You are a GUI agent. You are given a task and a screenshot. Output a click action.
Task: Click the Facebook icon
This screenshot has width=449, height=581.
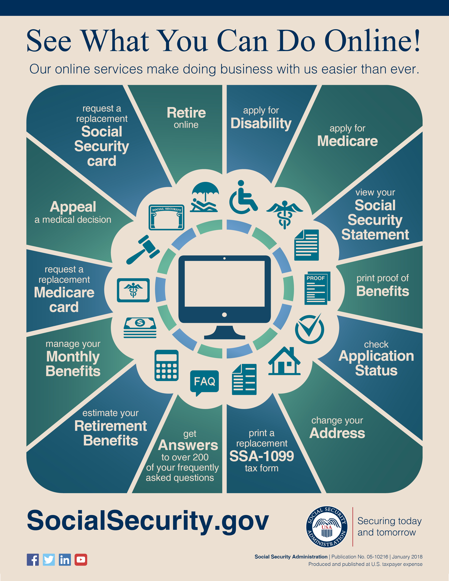(x=33, y=560)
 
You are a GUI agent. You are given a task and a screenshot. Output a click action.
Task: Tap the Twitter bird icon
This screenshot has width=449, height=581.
(x=49, y=560)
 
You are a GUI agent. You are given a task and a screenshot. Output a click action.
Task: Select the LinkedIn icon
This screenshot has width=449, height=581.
(x=65, y=560)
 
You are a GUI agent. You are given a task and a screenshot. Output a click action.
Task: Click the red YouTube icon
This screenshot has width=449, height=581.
(x=81, y=560)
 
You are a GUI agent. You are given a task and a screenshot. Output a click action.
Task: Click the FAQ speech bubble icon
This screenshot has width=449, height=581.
(x=204, y=382)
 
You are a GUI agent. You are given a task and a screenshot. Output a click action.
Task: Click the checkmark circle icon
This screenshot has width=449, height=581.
(x=310, y=329)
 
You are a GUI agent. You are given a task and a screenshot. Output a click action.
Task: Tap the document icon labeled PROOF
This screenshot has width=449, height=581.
(x=317, y=288)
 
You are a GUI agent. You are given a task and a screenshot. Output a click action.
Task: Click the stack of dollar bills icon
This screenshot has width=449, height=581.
(x=140, y=328)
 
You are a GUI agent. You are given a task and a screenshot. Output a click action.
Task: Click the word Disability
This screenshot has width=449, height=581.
(x=261, y=123)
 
